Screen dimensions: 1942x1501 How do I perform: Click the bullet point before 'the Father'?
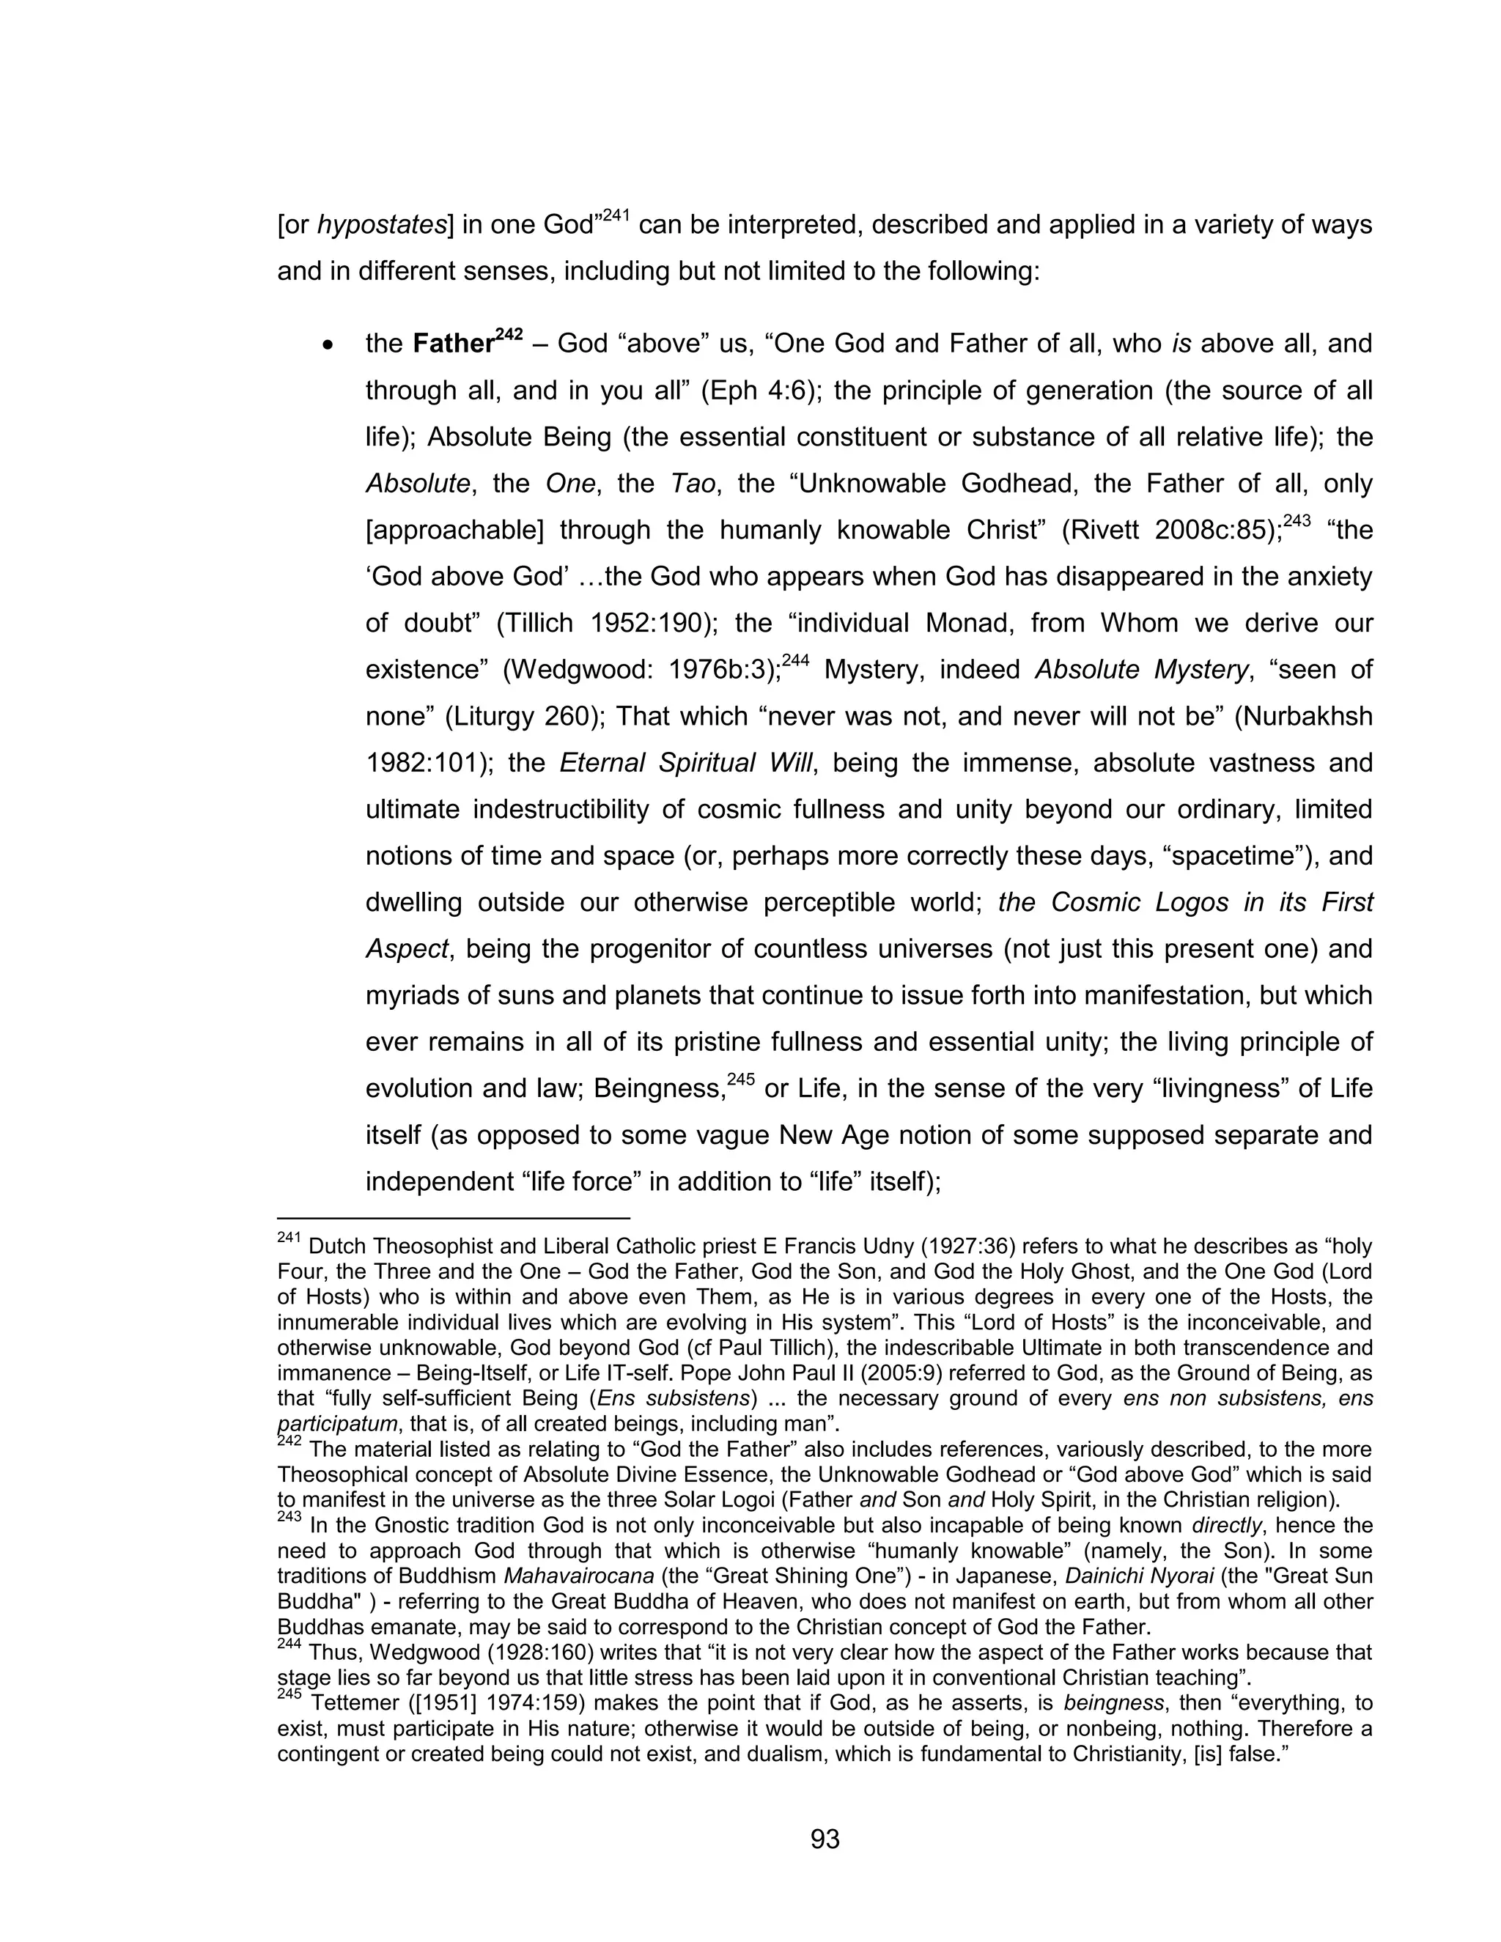click(329, 345)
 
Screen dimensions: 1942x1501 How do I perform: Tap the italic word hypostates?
click(381, 225)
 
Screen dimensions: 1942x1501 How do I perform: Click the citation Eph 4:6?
click(759, 391)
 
